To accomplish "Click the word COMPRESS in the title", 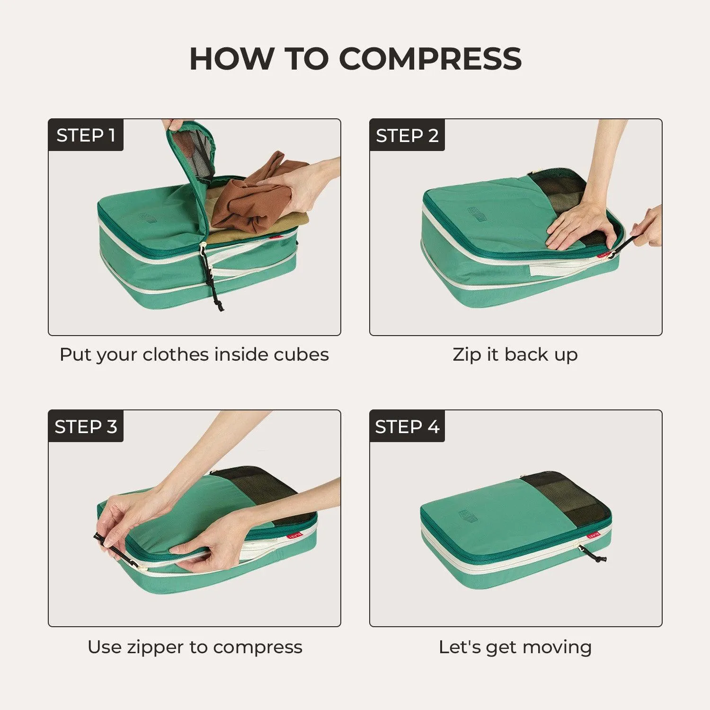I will (x=430, y=59).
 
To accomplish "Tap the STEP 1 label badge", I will (x=86, y=135).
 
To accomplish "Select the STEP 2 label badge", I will (x=407, y=135).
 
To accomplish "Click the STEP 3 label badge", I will (x=86, y=426).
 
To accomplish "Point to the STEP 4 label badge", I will (x=407, y=426).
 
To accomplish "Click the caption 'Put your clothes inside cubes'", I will (x=194, y=355).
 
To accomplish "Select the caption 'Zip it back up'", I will (x=515, y=355).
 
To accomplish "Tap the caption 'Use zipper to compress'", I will (x=195, y=647).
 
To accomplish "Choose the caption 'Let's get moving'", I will (x=515, y=647).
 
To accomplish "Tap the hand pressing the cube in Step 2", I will (x=580, y=227).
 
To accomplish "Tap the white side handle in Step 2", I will (x=554, y=270).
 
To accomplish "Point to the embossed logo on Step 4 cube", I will (x=469, y=516).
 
